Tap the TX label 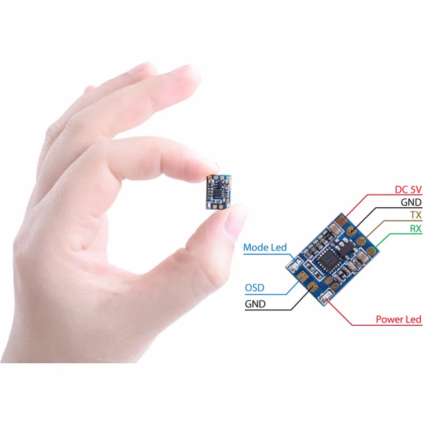[415, 215]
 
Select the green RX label [415, 229]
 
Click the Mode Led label [265, 247]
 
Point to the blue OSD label [255, 288]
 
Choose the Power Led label [398, 319]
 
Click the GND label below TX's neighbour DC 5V [411, 203]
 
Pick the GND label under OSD [255, 305]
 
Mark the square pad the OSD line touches [302, 276]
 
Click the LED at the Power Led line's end [328, 296]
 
